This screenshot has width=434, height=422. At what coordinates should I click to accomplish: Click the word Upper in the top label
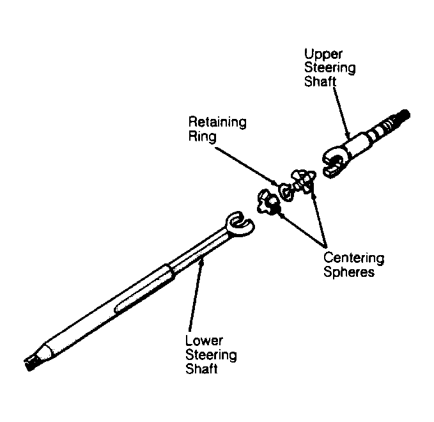click(x=323, y=54)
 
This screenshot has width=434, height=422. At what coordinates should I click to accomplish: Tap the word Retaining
click(x=217, y=122)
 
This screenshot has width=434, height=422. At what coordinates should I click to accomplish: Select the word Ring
click(x=203, y=137)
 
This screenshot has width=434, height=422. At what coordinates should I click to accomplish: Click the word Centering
click(x=353, y=258)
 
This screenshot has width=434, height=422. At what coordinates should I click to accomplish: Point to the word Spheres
click(x=349, y=272)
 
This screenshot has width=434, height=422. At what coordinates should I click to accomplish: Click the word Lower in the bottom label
click(x=204, y=341)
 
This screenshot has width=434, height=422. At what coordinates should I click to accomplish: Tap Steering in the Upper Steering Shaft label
click(x=330, y=68)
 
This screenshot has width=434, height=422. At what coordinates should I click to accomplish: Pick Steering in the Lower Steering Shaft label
click(x=211, y=355)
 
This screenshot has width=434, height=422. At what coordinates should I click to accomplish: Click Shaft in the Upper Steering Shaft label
click(x=320, y=81)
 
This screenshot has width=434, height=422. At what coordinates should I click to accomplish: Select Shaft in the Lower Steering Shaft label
click(x=201, y=369)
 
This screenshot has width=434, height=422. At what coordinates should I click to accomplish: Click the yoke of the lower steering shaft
click(x=240, y=224)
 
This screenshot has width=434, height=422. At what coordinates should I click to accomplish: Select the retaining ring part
click(x=286, y=192)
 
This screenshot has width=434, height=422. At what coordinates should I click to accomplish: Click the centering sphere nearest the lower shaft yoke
click(x=267, y=201)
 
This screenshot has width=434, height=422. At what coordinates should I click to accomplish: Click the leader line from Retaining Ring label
click(x=246, y=166)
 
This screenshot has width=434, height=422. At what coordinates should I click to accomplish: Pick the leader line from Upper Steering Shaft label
click(x=341, y=113)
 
